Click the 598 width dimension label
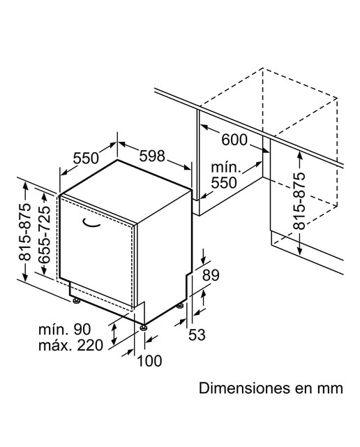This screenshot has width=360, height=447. click(x=152, y=156)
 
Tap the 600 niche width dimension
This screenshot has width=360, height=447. click(x=234, y=140)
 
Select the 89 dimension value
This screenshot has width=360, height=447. click(x=211, y=275)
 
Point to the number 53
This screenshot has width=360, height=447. click(x=197, y=335)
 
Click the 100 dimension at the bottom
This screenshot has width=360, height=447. click(x=149, y=360)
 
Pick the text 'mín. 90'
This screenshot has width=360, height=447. click(x=65, y=329)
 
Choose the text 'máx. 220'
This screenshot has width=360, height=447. click(x=70, y=345)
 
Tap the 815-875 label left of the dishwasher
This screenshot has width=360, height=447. click(x=24, y=232)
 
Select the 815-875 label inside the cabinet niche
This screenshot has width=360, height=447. click(x=299, y=201)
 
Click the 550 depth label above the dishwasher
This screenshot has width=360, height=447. click(x=86, y=158)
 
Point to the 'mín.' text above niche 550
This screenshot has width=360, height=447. click(x=226, y=168)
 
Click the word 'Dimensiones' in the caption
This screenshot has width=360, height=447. click(x=243, y=388)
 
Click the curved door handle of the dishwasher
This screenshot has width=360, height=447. click(x=91, y=223)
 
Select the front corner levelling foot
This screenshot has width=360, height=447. click(x=143, y=327)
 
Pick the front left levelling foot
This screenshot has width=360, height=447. click(x=76, y=300)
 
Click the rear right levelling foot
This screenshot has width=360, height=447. click(x=180, y=305)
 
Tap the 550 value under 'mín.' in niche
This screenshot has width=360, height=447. click(x=224, y=183)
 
